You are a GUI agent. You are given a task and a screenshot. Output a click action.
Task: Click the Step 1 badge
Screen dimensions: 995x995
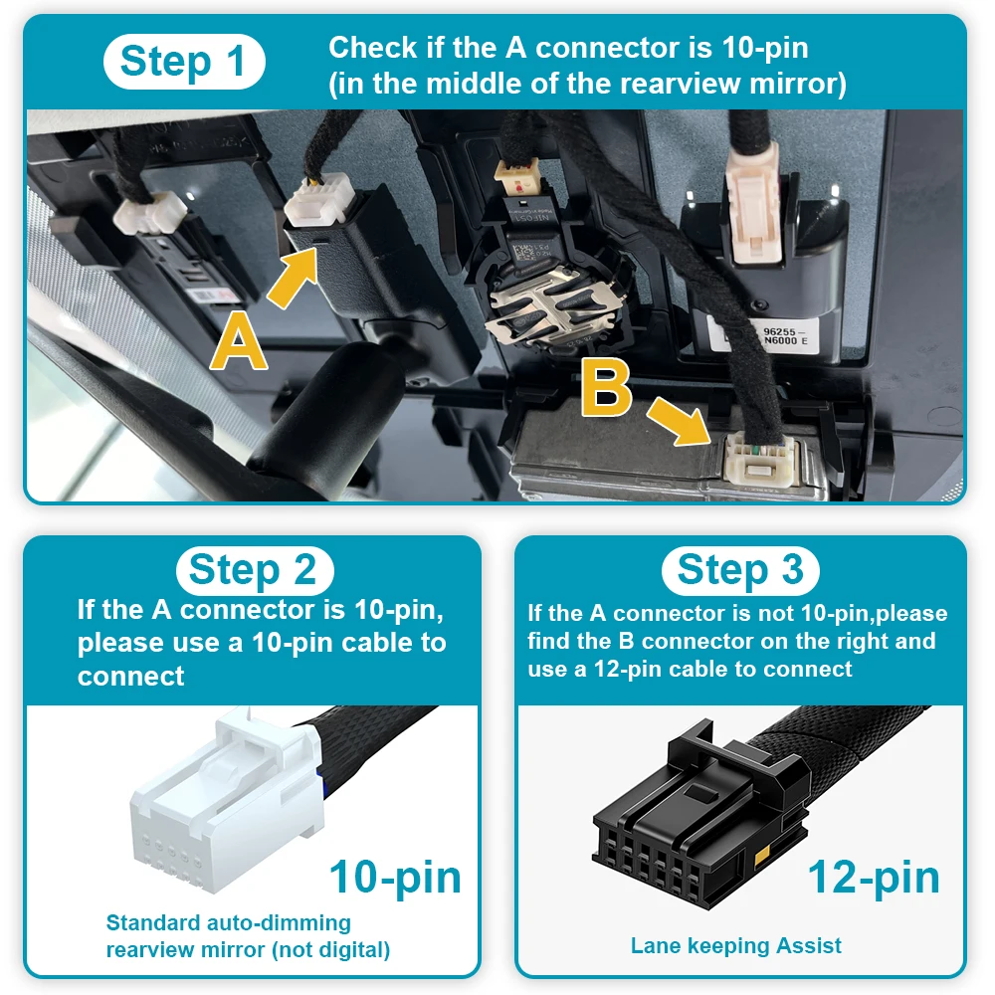tap(184, 62)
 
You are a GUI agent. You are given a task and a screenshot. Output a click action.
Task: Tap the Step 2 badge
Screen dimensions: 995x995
tap(255, 570)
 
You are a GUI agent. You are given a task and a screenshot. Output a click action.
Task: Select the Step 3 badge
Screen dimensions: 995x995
tap(740, 570)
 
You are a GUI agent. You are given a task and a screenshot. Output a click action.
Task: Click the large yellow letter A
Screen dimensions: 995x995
tap(239, 341)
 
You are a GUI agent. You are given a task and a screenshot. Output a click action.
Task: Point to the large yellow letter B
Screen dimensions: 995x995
tap(606, 387)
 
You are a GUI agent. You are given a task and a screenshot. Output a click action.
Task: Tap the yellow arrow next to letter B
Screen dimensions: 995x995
tap(679, 421)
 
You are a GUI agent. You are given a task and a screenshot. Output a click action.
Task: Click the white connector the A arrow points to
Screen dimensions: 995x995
tap(318, 199)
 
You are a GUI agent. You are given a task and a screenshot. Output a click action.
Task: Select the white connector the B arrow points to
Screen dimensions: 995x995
tap(759, 458)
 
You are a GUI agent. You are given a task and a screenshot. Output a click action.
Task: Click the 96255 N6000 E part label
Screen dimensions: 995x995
tap(784, 335)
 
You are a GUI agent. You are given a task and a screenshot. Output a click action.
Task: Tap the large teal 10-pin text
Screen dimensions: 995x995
tap(395, 877)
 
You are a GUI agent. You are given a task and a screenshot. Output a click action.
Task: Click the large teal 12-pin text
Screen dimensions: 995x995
tap(874, 877)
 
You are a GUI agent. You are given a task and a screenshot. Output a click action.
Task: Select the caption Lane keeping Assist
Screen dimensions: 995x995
tap(735, 945)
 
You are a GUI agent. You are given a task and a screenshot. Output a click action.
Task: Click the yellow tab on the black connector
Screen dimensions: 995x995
tap(762, 854)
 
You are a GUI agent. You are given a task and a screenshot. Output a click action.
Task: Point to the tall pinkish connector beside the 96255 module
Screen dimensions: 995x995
tap(755, 208)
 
